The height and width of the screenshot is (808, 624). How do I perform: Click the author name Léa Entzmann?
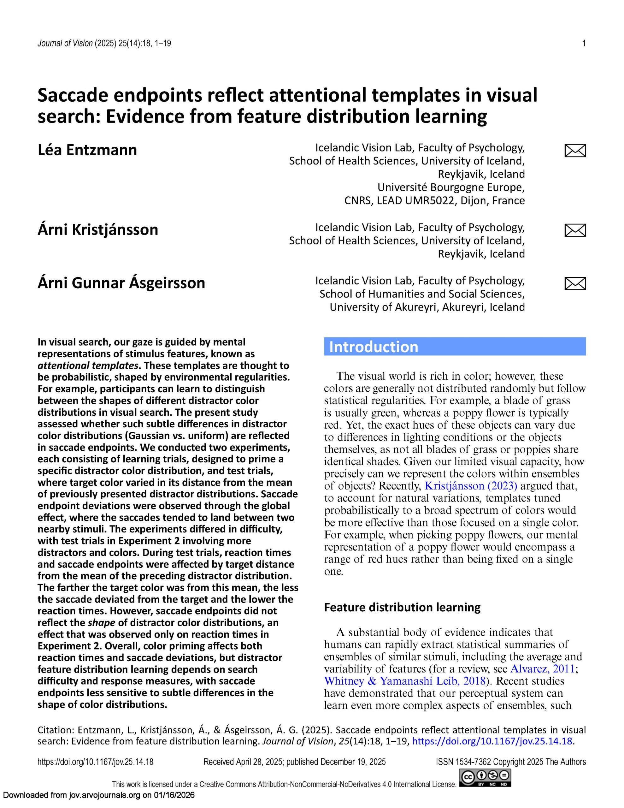[x=87, y=150]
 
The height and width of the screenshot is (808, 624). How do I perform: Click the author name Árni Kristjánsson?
[x=98, y=229]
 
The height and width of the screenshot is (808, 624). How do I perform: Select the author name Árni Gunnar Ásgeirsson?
[x=121, y=283]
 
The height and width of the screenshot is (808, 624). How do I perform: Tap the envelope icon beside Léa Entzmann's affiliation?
[x=575, y=151]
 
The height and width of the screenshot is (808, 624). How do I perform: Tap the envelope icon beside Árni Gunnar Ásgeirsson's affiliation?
[x=575, y=283]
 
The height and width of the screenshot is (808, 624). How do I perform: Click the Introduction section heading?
[x=374, y=347]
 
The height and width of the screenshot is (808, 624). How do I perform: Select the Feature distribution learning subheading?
[x=402, y=607]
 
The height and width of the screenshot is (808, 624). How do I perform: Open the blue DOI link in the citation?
[x=492, y=741]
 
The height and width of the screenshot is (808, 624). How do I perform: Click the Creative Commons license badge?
[x=485, y=778]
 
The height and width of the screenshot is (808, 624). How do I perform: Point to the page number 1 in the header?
[x=584, y=44]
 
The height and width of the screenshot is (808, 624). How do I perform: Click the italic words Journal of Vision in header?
[x=65, y=44]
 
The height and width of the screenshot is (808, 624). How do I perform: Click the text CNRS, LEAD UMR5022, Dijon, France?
[x=434, y=200]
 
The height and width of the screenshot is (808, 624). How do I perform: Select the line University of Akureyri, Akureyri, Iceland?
[x=427, y=307]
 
